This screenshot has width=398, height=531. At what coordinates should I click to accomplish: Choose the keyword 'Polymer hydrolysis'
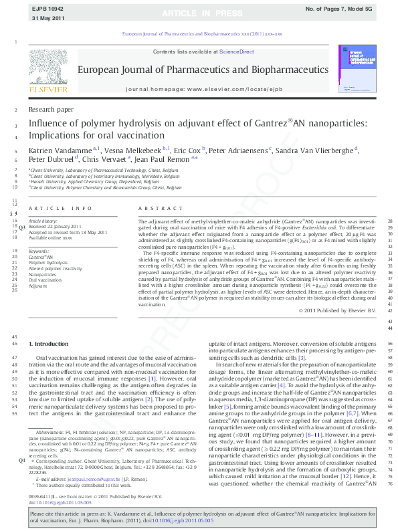(47, 263)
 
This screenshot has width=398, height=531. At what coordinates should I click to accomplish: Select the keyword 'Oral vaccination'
(45, 280)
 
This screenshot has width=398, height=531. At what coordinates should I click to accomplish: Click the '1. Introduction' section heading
(49, 343)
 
